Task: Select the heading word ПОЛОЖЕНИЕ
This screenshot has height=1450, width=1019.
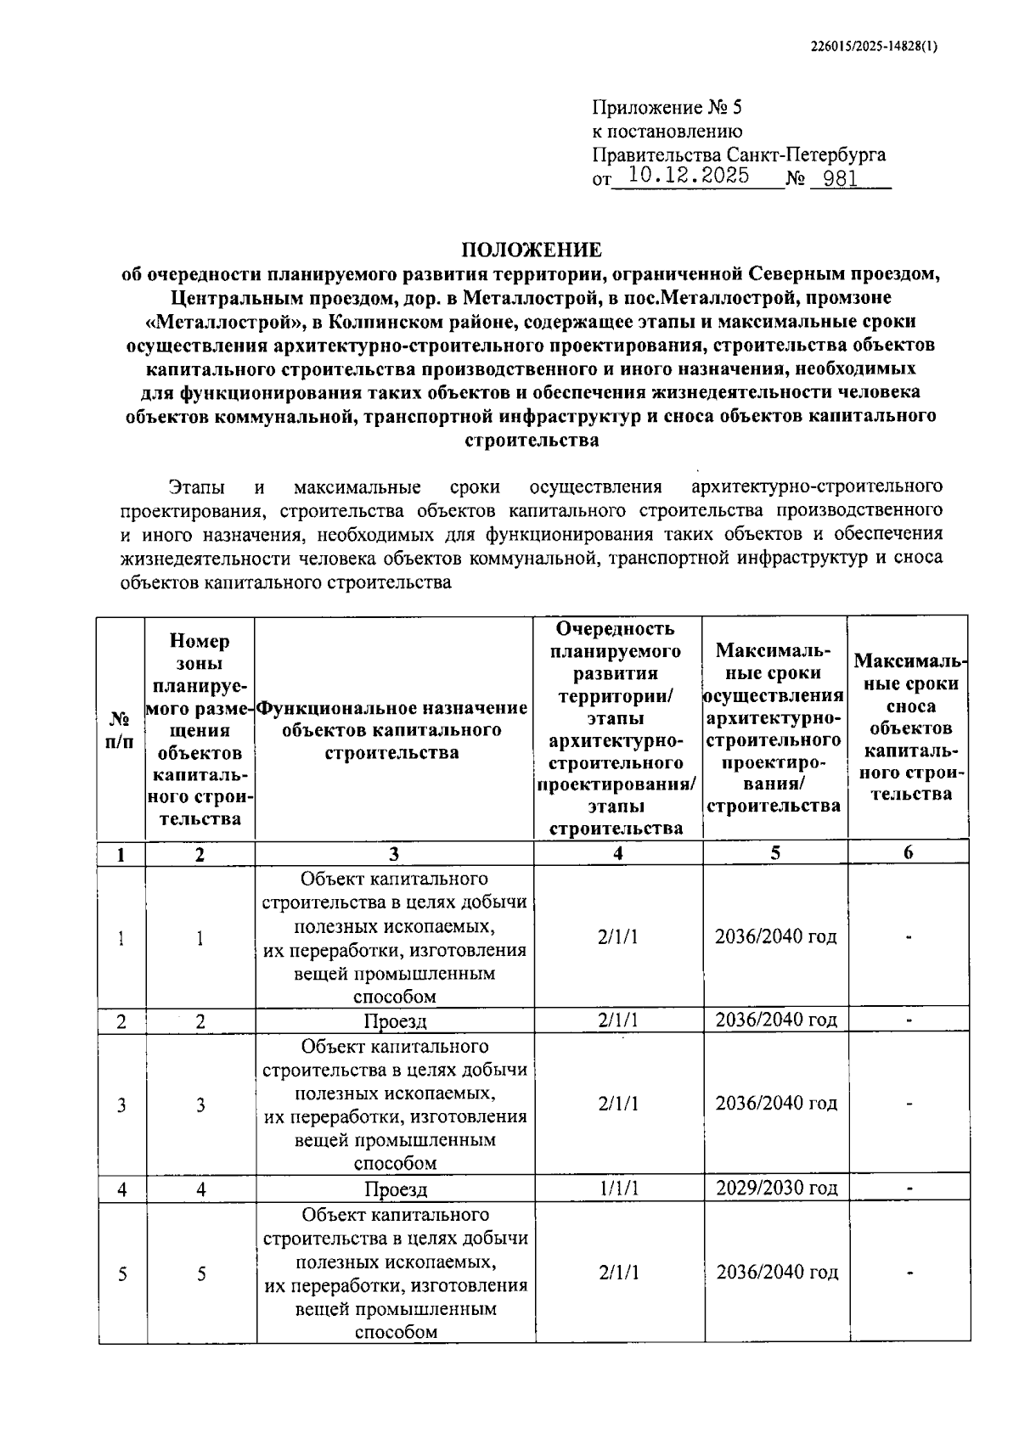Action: pos(532,250)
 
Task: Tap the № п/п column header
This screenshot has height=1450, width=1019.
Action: pos(121,730)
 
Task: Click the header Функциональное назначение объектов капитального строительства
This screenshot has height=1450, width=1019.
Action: pos(392,730)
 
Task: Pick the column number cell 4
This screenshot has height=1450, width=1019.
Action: pos(618,853)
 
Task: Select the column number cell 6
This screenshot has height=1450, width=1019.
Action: pos(908,853)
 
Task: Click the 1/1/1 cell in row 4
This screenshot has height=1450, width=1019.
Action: pos(618,1188)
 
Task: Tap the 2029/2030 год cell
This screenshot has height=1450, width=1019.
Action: pos(776,1188)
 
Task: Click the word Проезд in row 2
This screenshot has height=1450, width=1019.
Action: pos(395,1021)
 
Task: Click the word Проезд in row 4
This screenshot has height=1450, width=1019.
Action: pos(396,1189)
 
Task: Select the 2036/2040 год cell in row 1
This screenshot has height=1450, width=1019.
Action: pos(775,936)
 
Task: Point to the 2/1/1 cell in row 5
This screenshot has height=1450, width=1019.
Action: pos(618,1273)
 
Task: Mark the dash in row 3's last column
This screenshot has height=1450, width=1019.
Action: pos(909,1104)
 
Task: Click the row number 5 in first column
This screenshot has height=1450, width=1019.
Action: pos(122,1274)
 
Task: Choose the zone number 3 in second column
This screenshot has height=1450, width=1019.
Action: pos(200,1105)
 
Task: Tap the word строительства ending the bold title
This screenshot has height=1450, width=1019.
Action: pos(532,441)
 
